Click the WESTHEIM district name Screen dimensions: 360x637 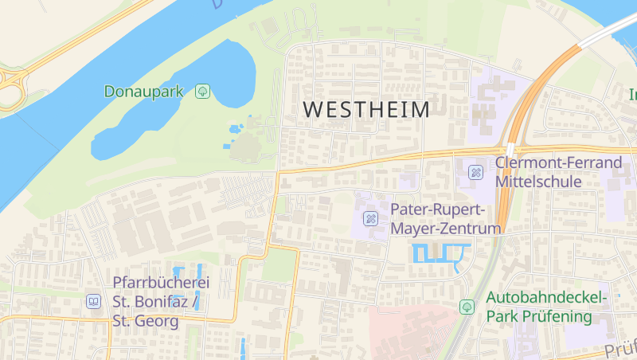[366, 110]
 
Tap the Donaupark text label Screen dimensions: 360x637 [143, 92]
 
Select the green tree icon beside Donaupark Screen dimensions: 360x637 [202, 92]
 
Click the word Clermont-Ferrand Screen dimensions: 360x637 [558, 163]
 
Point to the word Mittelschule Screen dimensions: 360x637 [538, 182]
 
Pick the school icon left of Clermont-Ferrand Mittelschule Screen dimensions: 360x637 [475, 172]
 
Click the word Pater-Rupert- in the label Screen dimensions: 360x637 [438, 209]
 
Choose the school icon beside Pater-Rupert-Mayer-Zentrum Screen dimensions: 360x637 [370, 218]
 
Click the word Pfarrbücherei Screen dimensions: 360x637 [161, 283]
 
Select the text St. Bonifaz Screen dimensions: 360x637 [150, 302]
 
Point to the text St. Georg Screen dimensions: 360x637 [145, 321]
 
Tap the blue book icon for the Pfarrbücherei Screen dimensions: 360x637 [93, 302]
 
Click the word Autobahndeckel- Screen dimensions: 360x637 [546, 298]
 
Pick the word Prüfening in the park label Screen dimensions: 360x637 [556, 316]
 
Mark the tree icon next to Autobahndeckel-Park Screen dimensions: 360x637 [467, 307]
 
